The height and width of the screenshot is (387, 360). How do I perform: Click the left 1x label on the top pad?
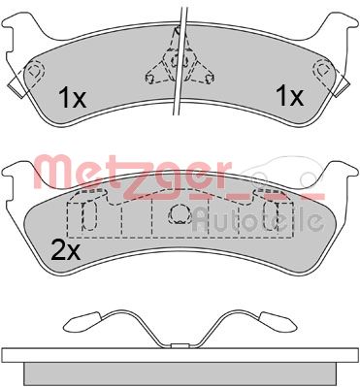coord(72,98)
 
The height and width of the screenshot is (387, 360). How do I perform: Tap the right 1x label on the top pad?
coord(289,96)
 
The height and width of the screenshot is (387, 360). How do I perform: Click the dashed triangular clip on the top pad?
coord(178,61)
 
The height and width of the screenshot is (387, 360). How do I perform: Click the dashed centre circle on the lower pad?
coord(179,216)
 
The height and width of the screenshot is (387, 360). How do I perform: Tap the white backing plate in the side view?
coord(180,354)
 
